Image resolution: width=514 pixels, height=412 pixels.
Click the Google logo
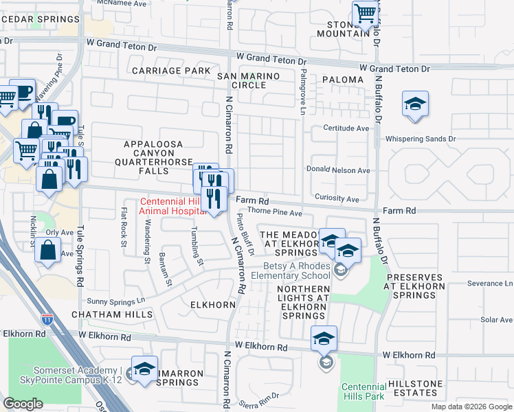pyautogui.click(x=23, y=404)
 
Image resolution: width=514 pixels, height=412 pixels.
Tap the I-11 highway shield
pyautogui.click(x=47, y=319)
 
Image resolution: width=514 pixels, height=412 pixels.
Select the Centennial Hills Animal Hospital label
pyautogui.click(x=172, y=206)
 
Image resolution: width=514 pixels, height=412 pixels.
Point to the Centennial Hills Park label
pyautogui.click(x=364, y=392)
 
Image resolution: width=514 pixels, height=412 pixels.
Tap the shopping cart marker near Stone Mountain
pyautogui.click(x=366, y=13)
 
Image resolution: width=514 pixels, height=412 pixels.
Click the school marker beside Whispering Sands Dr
pyautogui.click(x=415, y=104)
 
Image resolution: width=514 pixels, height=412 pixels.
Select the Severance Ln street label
pyautogui.click(x=489, y=283)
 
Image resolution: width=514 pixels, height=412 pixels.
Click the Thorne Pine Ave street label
pyautogui.click(x=275, y=214)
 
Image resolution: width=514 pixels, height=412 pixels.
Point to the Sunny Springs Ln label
pyautogui.click(x=116, y=301)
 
